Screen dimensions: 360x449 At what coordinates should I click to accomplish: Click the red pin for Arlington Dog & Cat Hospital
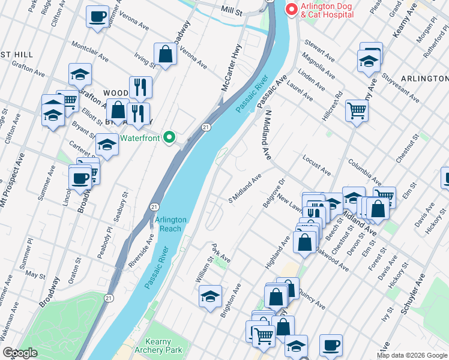click(x=291, y=10)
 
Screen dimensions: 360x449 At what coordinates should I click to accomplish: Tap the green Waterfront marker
click(x=170, y=137)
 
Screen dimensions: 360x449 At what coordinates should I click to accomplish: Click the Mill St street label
click(x=231, y=11)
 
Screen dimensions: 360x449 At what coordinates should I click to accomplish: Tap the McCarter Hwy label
click(x=231, y=67)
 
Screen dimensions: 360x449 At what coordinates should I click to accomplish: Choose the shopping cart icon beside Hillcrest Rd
click(x=357, y=110)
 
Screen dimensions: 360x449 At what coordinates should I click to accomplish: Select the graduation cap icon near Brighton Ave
click(x=210, y=296)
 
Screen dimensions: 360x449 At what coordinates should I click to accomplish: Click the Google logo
click(x=20, y=353)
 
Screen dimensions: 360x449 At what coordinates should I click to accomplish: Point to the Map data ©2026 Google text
click(x=412, y=355)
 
